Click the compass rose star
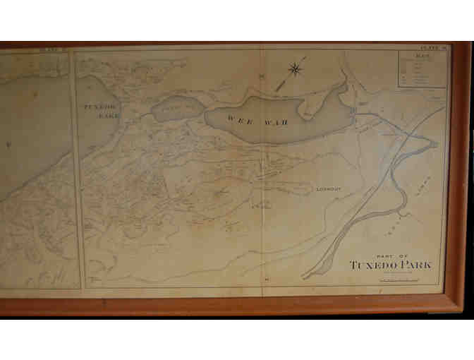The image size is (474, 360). (295, 69)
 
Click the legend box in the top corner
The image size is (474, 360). (422, 68)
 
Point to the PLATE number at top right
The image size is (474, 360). (432, 47)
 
